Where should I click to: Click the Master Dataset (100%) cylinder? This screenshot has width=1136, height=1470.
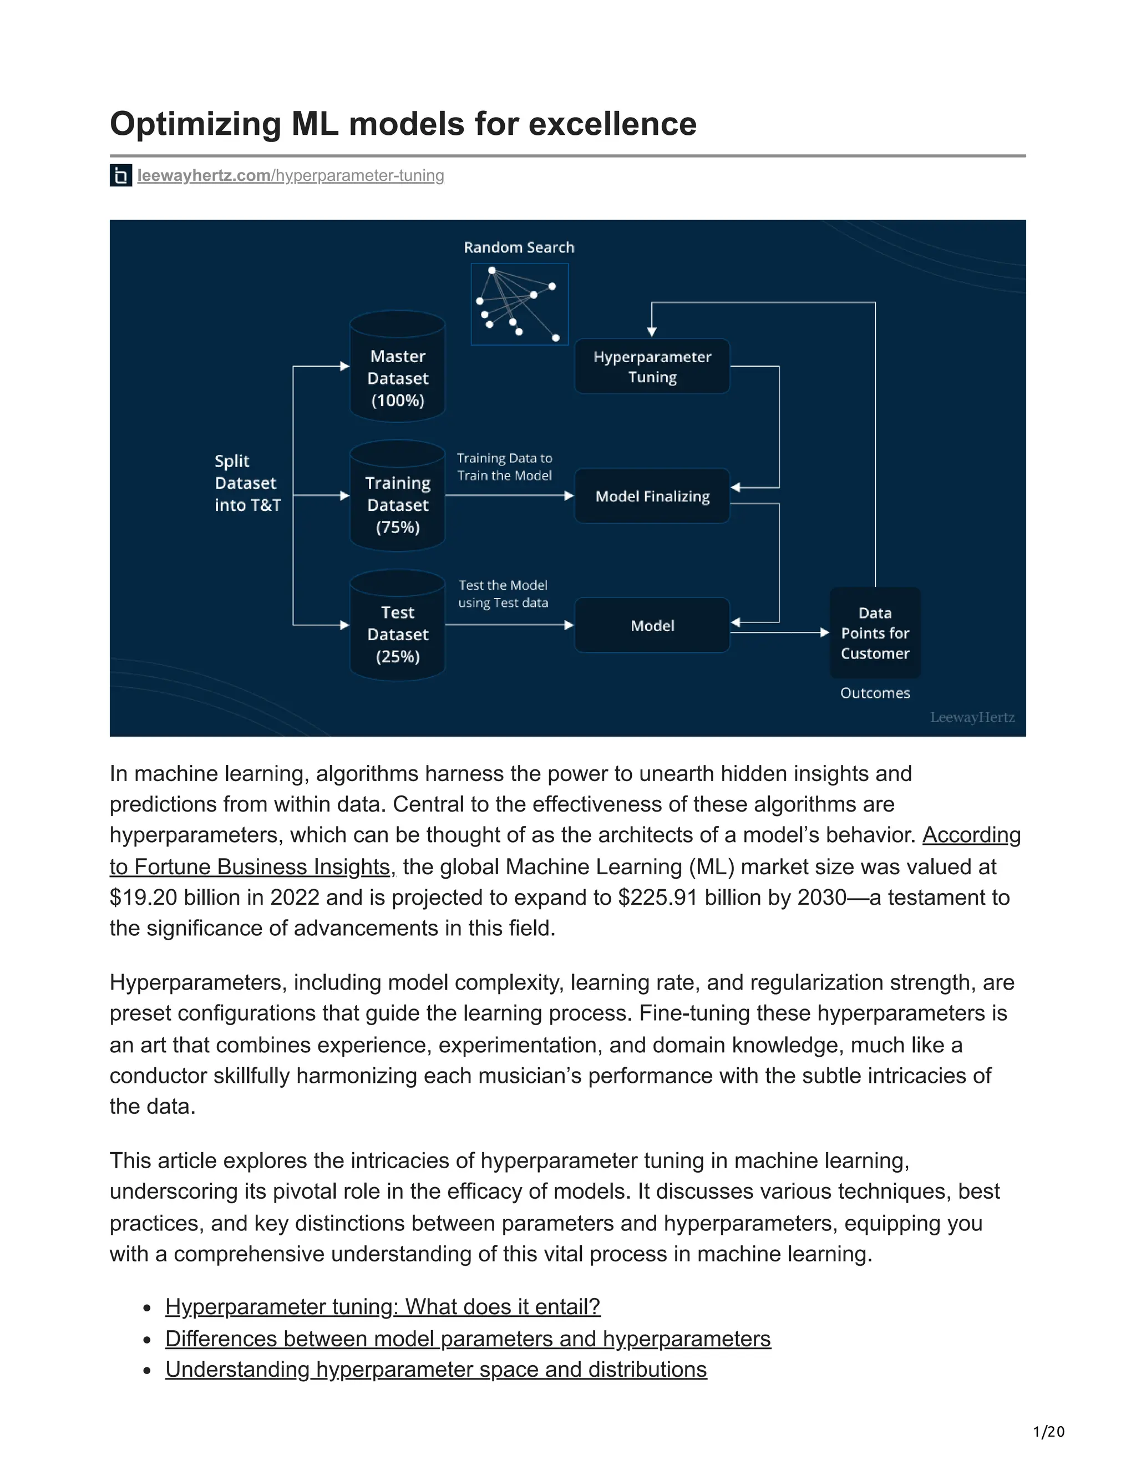pyautogui.click(x=397, y=367)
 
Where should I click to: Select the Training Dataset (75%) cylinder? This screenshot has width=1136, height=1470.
pyautogui.click(x=397, y=496)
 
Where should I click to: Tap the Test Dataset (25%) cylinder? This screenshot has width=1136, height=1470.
pyautogui.click(x=397, y=626)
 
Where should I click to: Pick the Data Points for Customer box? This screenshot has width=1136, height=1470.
pyautogui.click(x=874, y=633)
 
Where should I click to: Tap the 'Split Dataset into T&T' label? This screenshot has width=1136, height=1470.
pyautogui.click(x=247, y=483)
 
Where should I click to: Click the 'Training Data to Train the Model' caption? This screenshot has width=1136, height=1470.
pyautogui.click(x=504, y=467)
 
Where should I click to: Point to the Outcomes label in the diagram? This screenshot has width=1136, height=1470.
pyautogui.click(x=874, y=693)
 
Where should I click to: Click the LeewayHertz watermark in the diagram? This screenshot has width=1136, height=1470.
pyautogui.click(x=972, y=717)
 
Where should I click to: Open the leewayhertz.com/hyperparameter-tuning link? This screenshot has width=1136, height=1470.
pyautogui.click(x=290, y=176)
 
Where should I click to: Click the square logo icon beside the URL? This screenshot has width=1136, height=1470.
pyautogui.click(x=120, y=176)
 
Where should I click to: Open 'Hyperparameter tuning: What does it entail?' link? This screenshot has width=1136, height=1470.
pyautogui.click(x=382, y=1306)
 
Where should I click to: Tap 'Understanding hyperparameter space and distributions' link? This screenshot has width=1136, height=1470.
pyautogui.click(x=435, y=1369)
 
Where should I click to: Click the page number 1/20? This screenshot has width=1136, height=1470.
pyautogui.click(x=1048, y=1431)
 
